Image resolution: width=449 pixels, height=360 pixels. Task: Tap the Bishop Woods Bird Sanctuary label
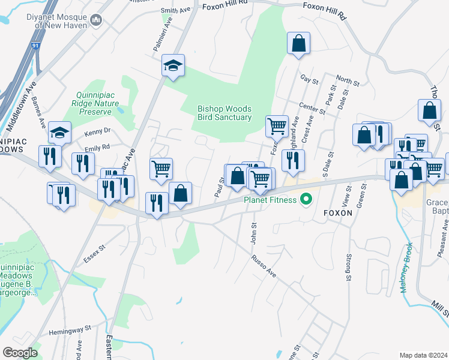click(224, 113)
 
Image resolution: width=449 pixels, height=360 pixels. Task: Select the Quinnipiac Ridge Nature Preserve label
click(94, 103)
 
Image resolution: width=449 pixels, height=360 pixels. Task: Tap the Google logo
click(20, 353)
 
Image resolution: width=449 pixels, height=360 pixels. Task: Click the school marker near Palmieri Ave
click(173, 66)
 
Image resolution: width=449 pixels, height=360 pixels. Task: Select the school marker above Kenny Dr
click(60, 133)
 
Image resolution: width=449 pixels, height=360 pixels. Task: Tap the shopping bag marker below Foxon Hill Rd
click(298, 44)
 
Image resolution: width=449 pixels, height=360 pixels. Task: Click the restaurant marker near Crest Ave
click(293, 160)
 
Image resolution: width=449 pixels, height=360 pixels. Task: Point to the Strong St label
click(348, 268)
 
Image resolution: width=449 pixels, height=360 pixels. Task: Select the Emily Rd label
click(97, 147)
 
